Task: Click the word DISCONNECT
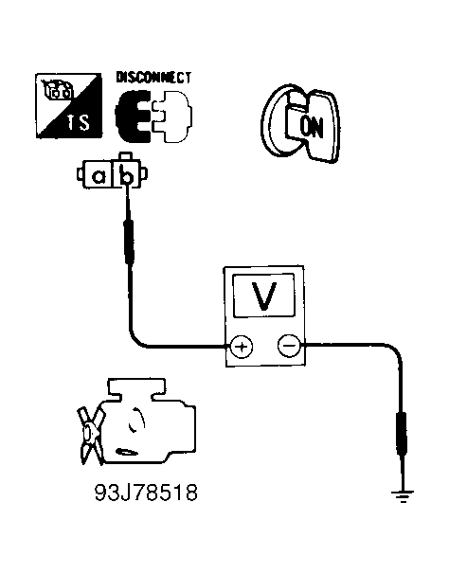(x=153, y=78)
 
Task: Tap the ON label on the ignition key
(x=312, y=127)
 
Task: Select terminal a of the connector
(x=99, y=177)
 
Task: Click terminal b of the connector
(x=127, y=176)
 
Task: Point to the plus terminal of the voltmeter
(x=242, y=346)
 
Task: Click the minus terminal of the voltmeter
(x=289, y=345)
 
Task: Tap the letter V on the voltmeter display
(x=264, y=296)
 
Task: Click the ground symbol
(x=403, y=495)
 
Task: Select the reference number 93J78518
(x=146, y=493)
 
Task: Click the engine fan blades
(x=90, y=436)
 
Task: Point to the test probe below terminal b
(x=129, y=242)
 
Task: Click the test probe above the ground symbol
(x=402, y=434)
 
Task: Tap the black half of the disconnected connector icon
(x=132, y=117)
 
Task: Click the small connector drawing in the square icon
(x=57, y=90)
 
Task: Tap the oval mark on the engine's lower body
(x=126, y=452)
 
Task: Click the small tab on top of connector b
(x=126, y=156)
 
